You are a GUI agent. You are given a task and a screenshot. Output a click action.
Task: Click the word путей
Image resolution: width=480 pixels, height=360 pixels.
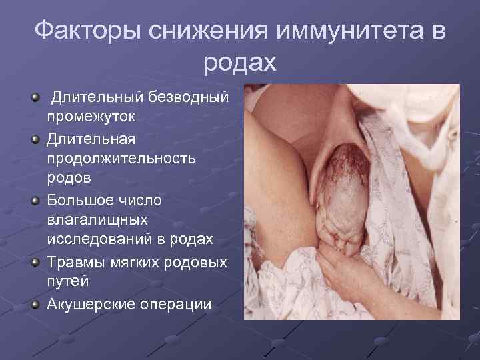(x=68, y=282)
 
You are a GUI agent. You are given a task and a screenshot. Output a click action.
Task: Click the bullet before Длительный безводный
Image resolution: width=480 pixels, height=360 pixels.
(x=35, y=99)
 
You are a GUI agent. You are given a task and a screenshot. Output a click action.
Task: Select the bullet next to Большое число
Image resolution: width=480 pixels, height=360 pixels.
(x=35, y=201)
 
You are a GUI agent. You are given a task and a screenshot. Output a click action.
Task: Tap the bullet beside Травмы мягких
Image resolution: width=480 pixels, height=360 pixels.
(x=35, y=261)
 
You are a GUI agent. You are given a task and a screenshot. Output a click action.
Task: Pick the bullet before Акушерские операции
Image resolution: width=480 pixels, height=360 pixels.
(x=35, y=304)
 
